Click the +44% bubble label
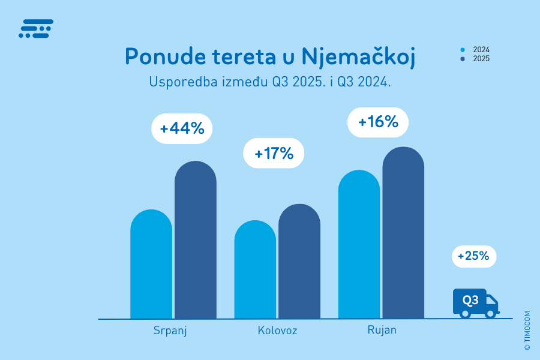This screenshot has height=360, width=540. click(x=182, y=128)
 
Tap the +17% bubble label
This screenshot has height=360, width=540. click(x=274, y=154)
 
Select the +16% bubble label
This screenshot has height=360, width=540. click(x=378, y=122)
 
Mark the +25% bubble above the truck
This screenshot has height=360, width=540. click(x=474, y=256)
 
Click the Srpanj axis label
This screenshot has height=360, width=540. click(x=170, y=331)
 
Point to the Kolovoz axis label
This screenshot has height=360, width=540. click(x=277, y=331)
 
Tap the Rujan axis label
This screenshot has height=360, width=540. click(x=382, y=331)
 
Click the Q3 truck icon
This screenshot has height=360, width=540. click(x=475, y=303)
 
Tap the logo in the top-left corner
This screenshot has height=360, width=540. click(x=36, y=29)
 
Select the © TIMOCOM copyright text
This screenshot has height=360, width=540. click(x=527, y=331)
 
